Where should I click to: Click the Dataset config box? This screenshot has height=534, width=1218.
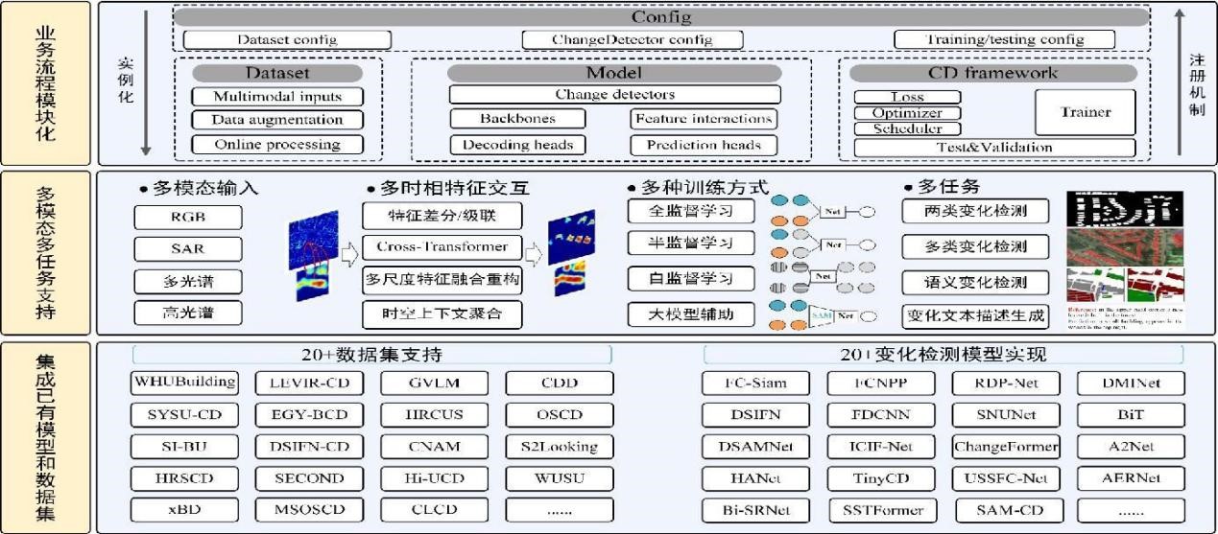(x=287, y=39)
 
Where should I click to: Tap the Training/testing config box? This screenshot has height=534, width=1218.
(x=1004, y=39)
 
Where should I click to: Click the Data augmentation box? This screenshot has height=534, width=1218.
(x=277, y=120)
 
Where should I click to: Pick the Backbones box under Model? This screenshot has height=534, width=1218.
(x=516, y=119)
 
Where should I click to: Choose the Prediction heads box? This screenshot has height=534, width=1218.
(x=704, y=145)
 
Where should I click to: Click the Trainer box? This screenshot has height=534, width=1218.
(x=1085, y=112)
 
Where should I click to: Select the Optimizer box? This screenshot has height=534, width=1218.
(x=907, y=113)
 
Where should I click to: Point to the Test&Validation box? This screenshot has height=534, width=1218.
(x=993, y=148)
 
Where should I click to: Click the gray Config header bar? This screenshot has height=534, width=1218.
(x=661, y=17)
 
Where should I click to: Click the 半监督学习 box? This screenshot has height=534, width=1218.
(x=691, y=244)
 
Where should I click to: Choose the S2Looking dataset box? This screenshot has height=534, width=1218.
(x=559, y=446)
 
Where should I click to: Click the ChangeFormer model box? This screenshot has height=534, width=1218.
(x=1006, y=446)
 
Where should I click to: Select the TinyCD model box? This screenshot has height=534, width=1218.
(x=882, y=477)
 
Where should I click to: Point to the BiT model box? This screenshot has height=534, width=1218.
(x=1131, y=415)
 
